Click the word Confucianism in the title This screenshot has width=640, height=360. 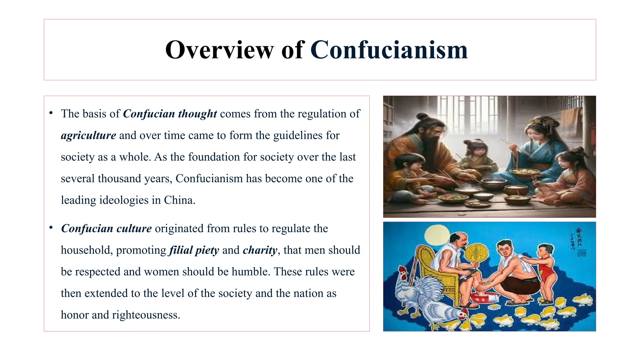[389, 50]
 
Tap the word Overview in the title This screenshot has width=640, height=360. [219, 50]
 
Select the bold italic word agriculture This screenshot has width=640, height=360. [88, 135]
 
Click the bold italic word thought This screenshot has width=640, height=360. [197, 114]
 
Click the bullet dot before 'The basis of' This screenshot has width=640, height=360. [51, 113]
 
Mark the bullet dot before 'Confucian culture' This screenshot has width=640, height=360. [51, 227]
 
